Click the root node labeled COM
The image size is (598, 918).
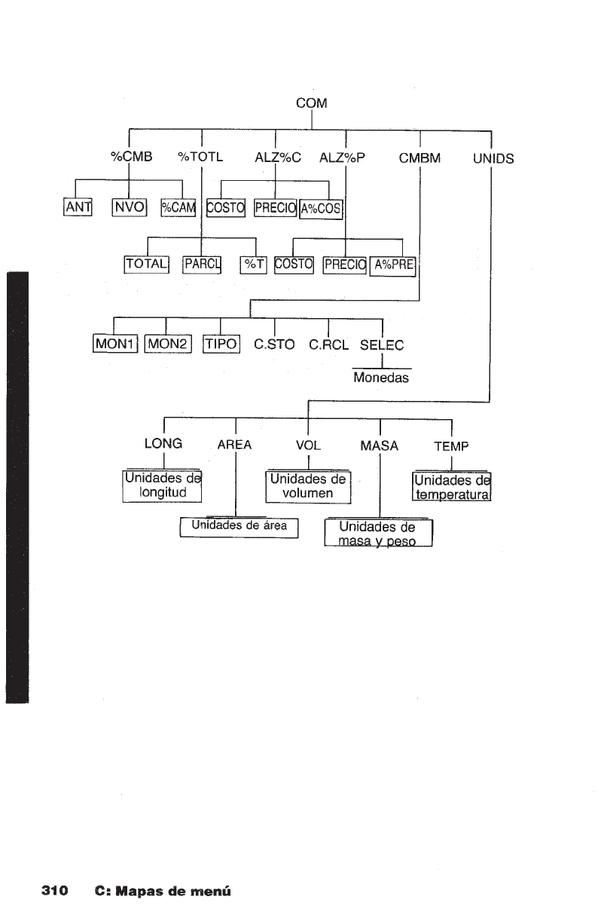(x=311, y=104)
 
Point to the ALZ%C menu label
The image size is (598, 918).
(x=278, y=158)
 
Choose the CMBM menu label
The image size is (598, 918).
(x=420, y=158)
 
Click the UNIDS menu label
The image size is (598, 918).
(x=493, y=158)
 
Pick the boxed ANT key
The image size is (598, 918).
(x=77, y=207)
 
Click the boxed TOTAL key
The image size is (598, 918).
(x=146, y=264)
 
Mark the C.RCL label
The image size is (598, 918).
(x=328, y=345)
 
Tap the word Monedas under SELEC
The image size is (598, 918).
(x=381, y=378)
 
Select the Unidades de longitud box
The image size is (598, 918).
(x=163, y=486)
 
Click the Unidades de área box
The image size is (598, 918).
(x=239, y=527)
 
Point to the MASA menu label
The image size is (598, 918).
(x=380, y=445)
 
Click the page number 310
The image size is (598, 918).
(x=54, y=891)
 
